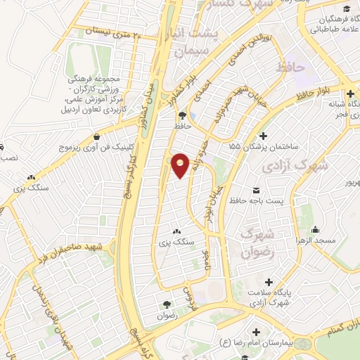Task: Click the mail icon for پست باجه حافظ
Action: click(255, 191)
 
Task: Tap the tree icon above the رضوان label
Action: click(167, 304)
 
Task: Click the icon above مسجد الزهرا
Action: click(316, 229)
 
